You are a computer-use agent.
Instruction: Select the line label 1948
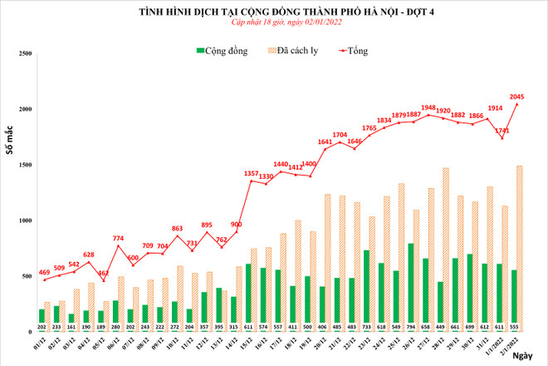[428, 106]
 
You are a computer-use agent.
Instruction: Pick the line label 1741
[501, 131]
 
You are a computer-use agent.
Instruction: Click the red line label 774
[120, 238]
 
